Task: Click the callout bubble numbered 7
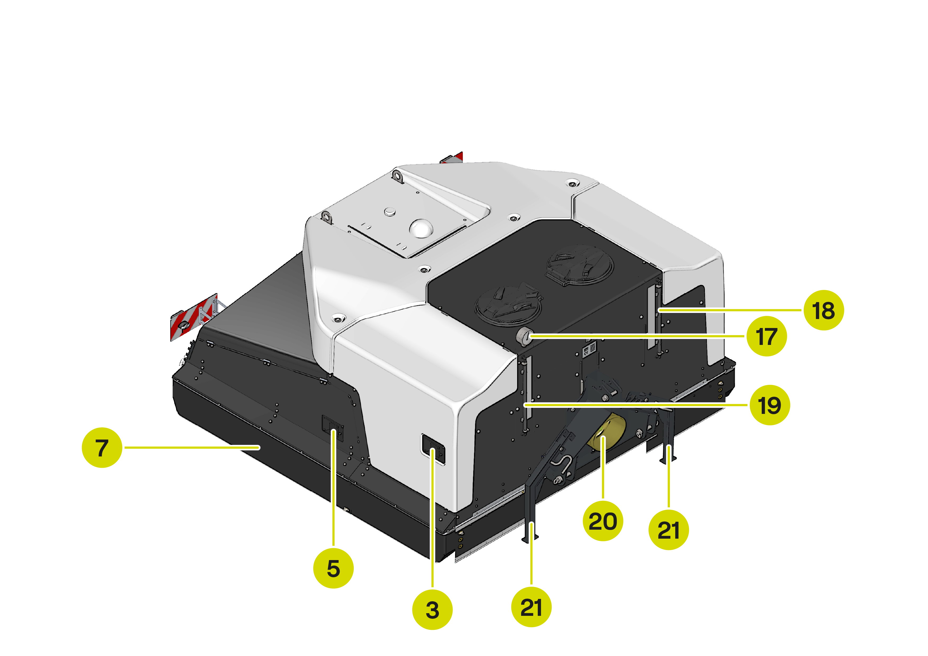(102, 447)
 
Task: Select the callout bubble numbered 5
(333, 568)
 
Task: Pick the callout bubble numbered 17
(767, 336)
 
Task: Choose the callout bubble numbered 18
(824, 310)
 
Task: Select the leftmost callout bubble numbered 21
(531, 607)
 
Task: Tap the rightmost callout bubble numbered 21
(669, 530)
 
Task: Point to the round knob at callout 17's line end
(524, 336)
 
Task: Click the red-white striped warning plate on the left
(193, 317)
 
